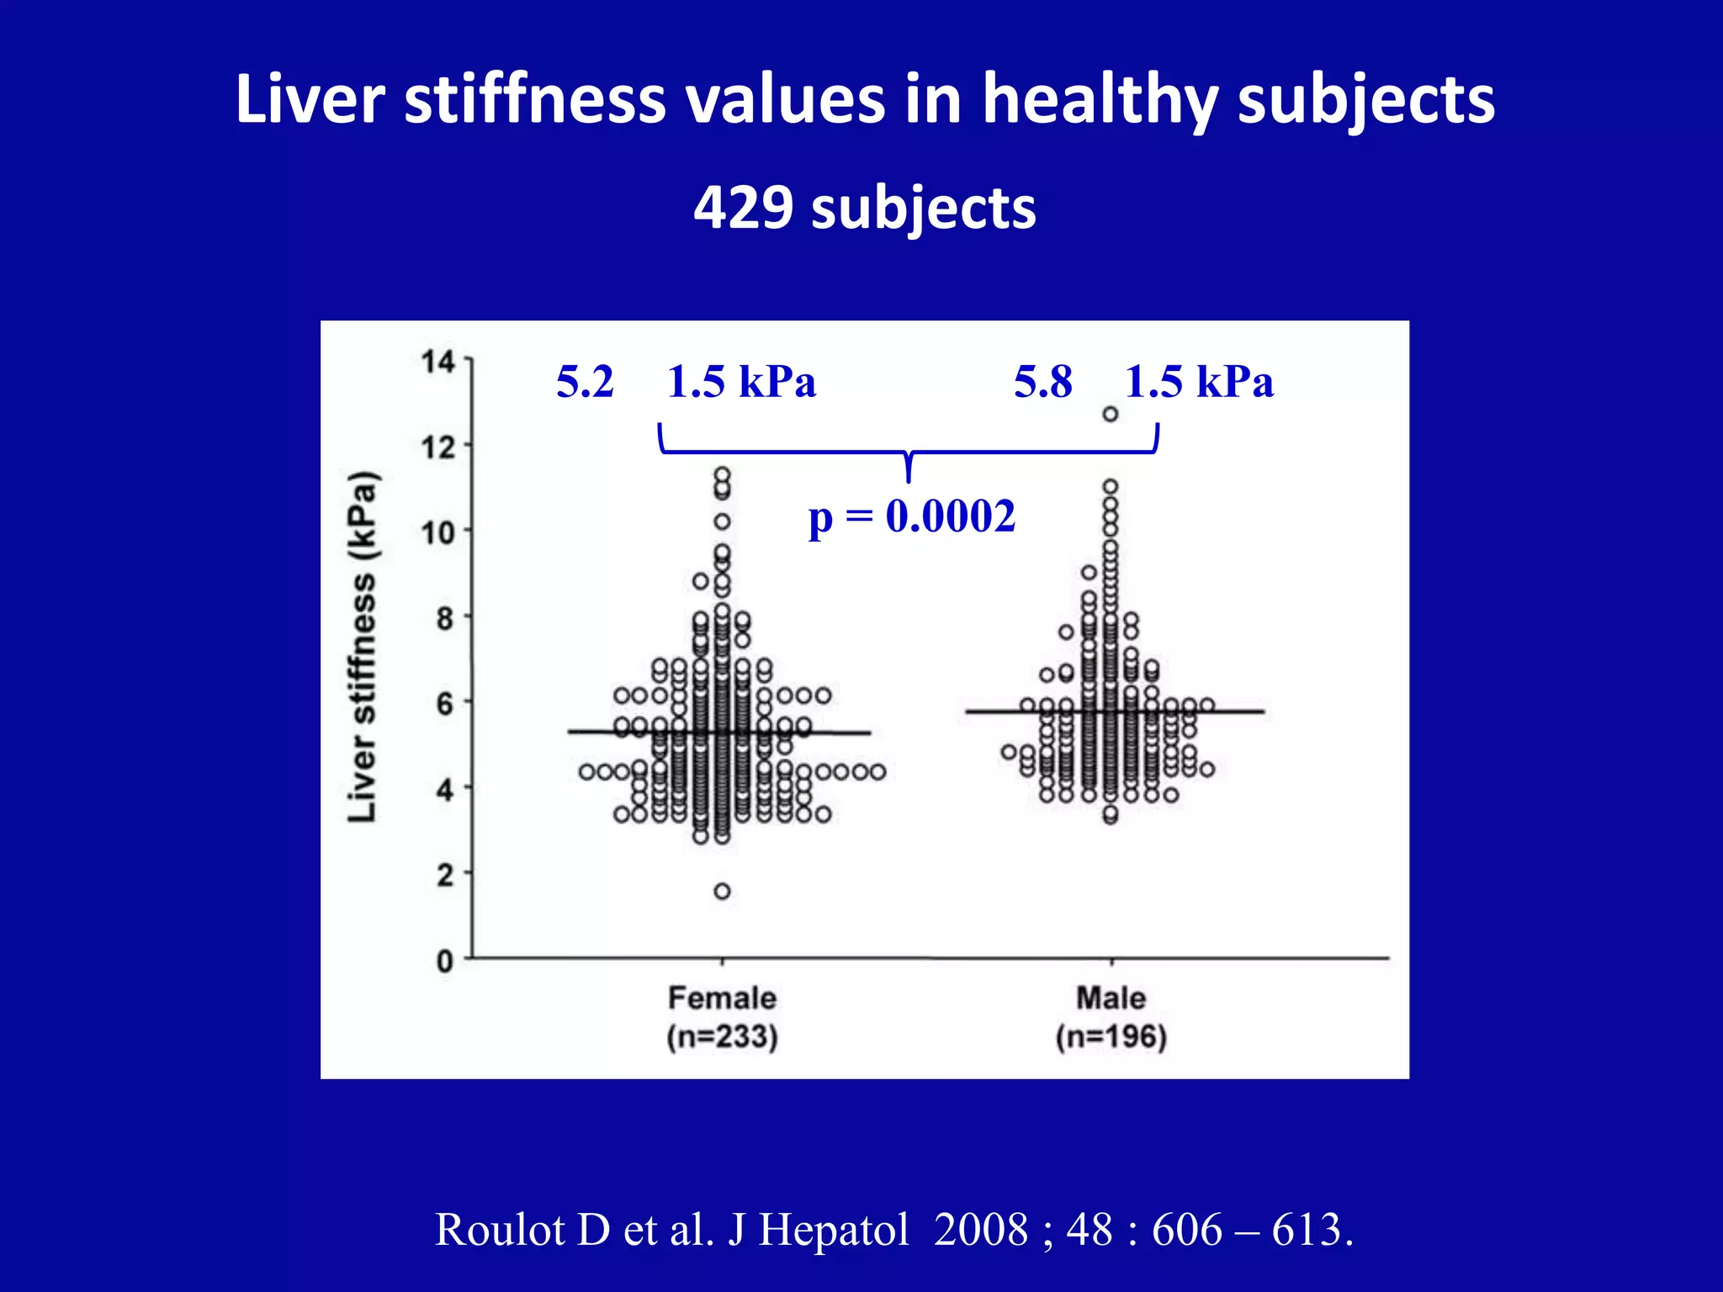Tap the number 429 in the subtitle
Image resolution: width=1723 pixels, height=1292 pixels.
pyautogui.click(x=743, y=208)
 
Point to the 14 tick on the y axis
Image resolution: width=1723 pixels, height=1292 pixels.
pyautogui.click(x=437, y=362)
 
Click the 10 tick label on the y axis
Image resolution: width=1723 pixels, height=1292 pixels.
pyautogui.click(x=437, y=532)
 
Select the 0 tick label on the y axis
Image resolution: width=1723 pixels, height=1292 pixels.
pyautogui.click(x=445, y=961)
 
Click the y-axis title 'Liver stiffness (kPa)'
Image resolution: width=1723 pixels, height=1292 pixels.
pyautogui.click(x=363, y=646)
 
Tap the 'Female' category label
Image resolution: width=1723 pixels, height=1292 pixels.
pyautogui.click(x=722, y=998)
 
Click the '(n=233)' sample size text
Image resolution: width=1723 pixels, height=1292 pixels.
pyautogui.click(x=722, y=1036)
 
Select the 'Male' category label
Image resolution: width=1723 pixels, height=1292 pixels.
pyautogui.click(x=1111, y=998)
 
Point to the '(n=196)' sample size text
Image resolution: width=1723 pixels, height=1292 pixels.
pyautogui.click(x=1111, y=1036)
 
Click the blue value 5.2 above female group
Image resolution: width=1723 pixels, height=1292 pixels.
pyautogui.click(x=585, y=382)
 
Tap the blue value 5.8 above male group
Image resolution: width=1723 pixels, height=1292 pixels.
pyautogui.click(x=1042, y=382)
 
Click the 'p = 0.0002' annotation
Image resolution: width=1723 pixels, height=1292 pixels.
pyautogui.click(x=911, y=516)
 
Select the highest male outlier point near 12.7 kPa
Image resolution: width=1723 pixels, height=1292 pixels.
pyautogui.click(x=1111, y=414)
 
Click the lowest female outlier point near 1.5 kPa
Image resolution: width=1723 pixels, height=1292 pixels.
pyautogui.click(x=722, y=892)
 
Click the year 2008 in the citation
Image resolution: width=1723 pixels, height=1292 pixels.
pyautogui.click(x=981, y=1230)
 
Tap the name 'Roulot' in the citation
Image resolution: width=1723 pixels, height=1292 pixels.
pyautogui.click(x=500, y=1230)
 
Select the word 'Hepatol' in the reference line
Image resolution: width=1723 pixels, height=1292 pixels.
pyautogui.click(x=834, y=1230)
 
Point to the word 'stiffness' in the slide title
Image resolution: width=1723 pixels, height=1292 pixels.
pyautogui.click(x=535, y=99)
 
